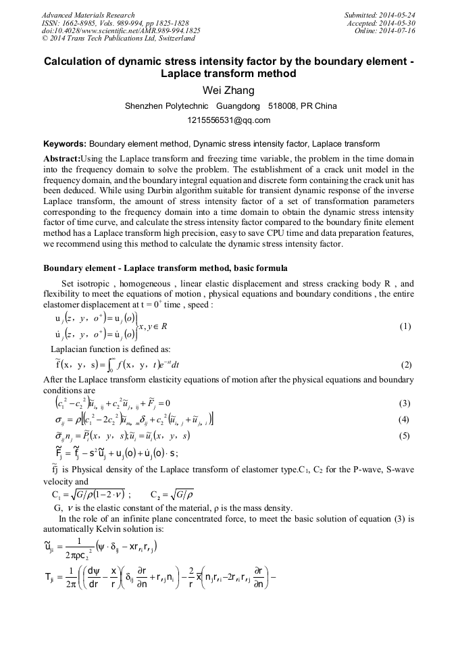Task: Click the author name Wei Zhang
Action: [228, 91]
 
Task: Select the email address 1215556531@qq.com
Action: [228, 120]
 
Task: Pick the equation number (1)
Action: [405, 326]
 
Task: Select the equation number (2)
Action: [406, 365]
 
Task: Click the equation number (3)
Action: [405, 403]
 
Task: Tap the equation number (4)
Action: [405, 419]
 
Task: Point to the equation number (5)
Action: [405, 436]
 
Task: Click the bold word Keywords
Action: [64, 144]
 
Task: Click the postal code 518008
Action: [282, 106]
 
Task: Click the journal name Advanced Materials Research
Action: [88, 15]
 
